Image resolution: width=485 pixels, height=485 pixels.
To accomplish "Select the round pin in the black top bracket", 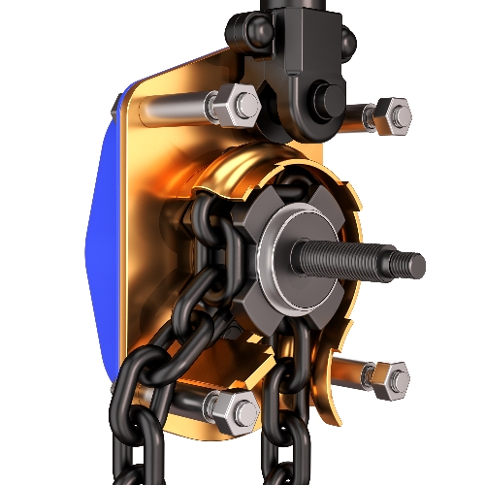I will [x=323, y=97].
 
